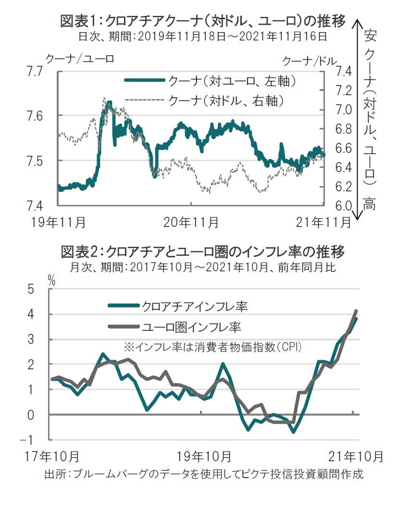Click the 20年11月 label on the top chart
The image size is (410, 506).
coord(191,222)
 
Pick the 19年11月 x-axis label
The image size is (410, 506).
coord(58,222)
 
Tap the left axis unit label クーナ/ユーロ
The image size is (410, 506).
coord(80,59)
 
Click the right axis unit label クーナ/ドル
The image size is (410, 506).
coord(310,61)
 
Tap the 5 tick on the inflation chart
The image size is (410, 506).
coord(31,289)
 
